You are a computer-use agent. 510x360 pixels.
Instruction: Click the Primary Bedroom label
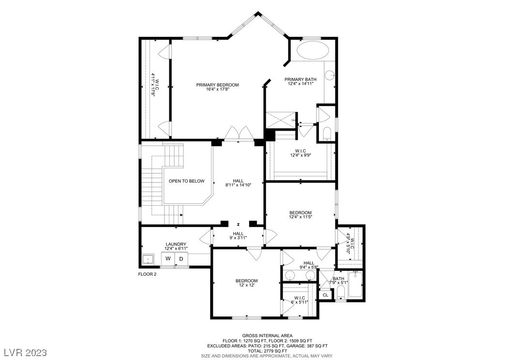pyautogui.click(x=217, y=85)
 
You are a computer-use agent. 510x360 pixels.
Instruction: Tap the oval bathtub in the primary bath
pyautogui.click(x=312, y=50)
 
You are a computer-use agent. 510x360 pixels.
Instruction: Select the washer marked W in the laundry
pyautogui.click(x=168, y=259)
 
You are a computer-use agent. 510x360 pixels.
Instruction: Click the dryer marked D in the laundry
pyautogui.click(x=181, y=259)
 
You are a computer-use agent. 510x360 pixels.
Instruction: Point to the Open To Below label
pyautogui.click(x=186, y=181)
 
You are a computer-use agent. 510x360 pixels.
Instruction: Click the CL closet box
pyautogui.click(x=325, y=295)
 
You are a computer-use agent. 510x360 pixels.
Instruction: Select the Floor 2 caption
pyautogui.click(x=147, y=274)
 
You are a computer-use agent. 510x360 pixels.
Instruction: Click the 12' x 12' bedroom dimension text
pyautogui.click(x=246, y=285)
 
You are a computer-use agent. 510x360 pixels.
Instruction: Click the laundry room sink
pyautogui.click(x=147, y=259)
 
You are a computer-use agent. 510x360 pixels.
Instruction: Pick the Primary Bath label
pyautogui.click(x=300, y=79)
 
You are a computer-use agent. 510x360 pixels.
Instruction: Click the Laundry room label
pyautogui.click(x=176, y=244)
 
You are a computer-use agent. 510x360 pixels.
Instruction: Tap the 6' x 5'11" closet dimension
pyautogui.click(x=300, y=302)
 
